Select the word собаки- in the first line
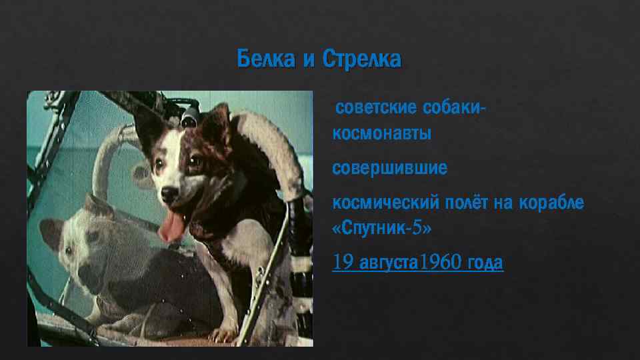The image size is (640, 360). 454,108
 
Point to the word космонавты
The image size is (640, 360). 382,133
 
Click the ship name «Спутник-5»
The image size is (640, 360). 382,228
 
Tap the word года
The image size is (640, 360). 484,263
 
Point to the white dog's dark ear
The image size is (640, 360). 51,231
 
